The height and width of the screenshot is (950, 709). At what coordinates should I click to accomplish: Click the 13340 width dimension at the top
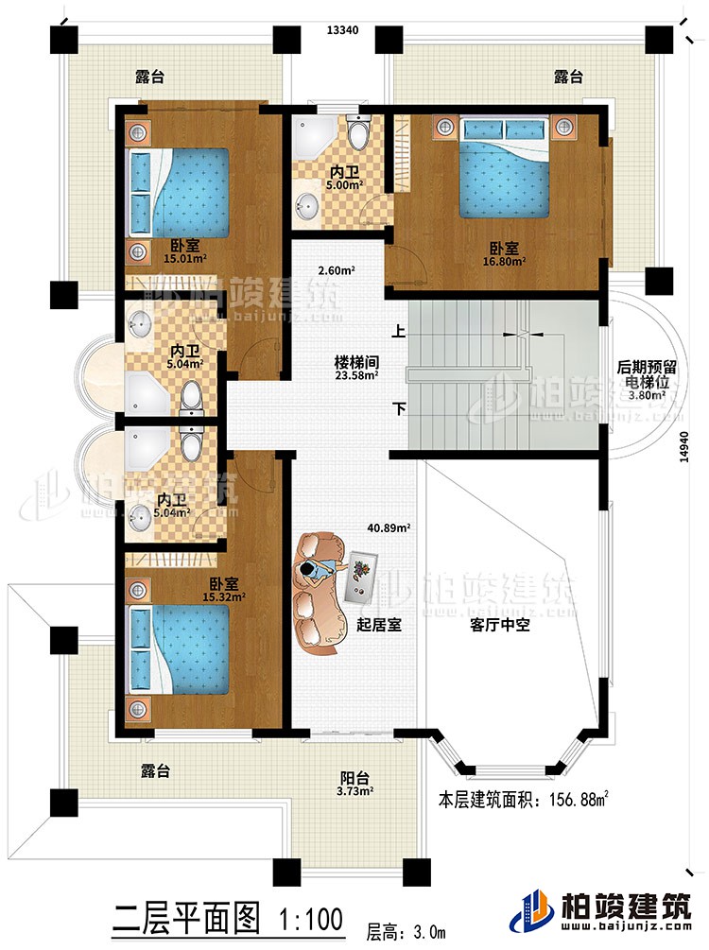click(x=341, y=30)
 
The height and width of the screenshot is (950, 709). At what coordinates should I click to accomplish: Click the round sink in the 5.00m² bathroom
click(x=308, y=204)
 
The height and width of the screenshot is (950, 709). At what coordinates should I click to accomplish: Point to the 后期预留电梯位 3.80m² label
click(x=645, y=383)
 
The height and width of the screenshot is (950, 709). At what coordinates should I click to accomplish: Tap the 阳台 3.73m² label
click(x=354, y=786)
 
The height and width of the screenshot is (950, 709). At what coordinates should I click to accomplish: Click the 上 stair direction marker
click(x=401, y=333)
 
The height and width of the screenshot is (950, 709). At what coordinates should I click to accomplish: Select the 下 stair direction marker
click(x=401, y=410)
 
